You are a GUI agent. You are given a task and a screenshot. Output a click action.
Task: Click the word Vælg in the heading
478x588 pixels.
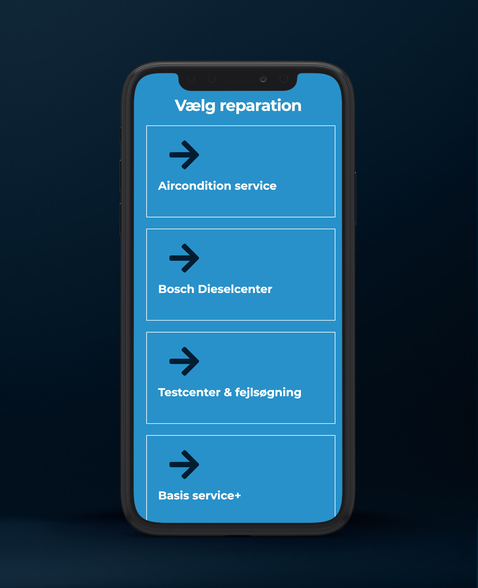(x=195, y=106)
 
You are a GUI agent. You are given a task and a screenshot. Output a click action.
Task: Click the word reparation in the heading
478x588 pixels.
(x=260, y=106)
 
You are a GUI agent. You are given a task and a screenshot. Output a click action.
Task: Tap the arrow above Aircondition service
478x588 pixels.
(x=185, y=155)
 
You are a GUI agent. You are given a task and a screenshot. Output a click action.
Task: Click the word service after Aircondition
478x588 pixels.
(x=256, y=186)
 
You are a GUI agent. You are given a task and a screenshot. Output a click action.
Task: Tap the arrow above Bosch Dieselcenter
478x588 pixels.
(x=185, y=258)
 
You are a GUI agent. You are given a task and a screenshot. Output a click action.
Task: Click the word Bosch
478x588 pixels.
(x=176, y=289)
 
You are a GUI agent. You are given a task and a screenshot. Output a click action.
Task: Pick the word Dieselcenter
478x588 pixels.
(x=235, y=289)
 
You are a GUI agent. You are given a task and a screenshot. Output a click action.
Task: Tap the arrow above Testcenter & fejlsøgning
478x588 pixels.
(x=185, y=361)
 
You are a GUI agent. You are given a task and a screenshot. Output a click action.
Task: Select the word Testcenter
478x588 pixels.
(x=189, y=392)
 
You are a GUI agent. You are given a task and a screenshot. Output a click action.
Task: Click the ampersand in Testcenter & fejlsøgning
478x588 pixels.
(x=228, y=392)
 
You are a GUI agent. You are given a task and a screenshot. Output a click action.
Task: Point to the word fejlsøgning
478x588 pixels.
(x=268, y=392)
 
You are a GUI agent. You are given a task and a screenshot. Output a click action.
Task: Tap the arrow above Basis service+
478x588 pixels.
(x=185, y=465)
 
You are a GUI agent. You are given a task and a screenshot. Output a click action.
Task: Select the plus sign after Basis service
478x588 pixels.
(x=237, y=496)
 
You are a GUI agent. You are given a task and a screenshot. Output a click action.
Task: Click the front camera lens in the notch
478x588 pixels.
(x=263, y=79)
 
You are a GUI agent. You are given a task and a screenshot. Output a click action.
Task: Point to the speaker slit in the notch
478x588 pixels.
(x=237, y=79)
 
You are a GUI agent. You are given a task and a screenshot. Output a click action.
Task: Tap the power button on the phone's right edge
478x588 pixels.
(x=355, y=198)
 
